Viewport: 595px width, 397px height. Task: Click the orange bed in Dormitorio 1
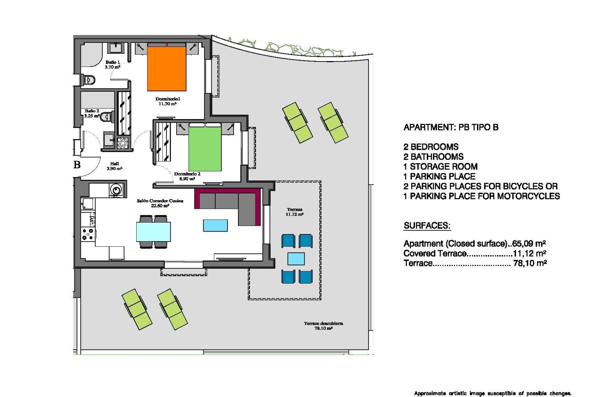coord(166,68)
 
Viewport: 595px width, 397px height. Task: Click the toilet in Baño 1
coord(89,80)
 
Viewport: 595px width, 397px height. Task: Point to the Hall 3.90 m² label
coord(114,166)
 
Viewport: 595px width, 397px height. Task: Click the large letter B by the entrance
coord(77,165)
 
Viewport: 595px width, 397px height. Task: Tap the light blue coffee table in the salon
coord(215,225)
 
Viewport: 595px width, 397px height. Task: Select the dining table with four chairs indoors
coord(153,232)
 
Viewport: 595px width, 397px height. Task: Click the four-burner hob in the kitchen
coord(87,234)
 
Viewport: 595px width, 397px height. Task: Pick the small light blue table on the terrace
coord(296,259)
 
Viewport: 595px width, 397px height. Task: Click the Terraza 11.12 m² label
coord(294,212)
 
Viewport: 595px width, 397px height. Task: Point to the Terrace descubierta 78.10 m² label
coord(323,326)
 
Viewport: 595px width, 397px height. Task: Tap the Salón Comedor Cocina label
coord(160,203)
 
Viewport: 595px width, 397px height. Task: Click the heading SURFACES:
coord(427,225)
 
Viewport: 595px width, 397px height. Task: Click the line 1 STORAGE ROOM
coord(440,167)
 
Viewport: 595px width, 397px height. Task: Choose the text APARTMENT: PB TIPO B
coord(451,127)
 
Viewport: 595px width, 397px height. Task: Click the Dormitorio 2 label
coord(187,176)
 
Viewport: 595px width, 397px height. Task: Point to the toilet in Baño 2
coord(107,117)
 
